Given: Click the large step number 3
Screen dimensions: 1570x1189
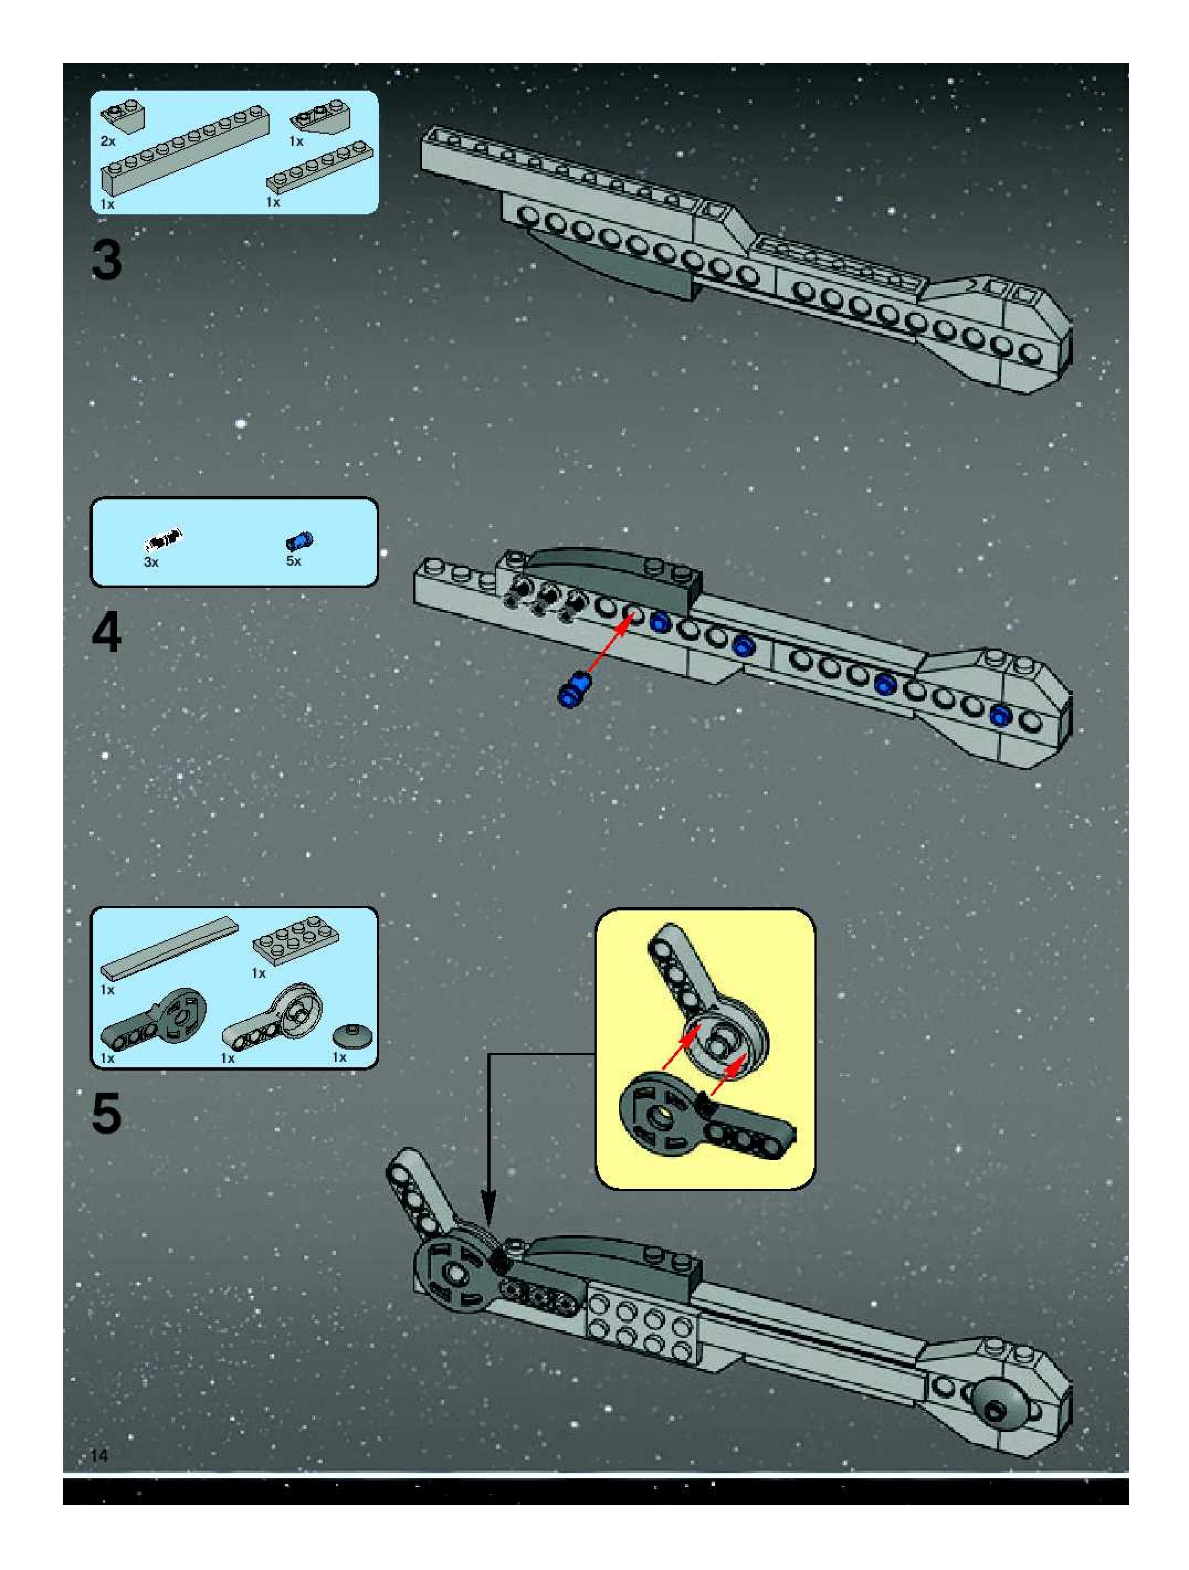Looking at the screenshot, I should [107, 261].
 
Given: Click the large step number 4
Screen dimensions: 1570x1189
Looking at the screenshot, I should [107, 633].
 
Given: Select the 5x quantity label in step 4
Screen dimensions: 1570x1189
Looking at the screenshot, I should [293, 561].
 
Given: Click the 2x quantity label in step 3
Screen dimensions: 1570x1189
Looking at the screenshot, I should [108, 141].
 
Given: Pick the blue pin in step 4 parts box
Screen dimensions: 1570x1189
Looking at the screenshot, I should [299, 541].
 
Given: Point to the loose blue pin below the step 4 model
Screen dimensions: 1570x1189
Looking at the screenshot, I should [574, 688].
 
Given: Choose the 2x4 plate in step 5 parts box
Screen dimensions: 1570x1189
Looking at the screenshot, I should [295, 942].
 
